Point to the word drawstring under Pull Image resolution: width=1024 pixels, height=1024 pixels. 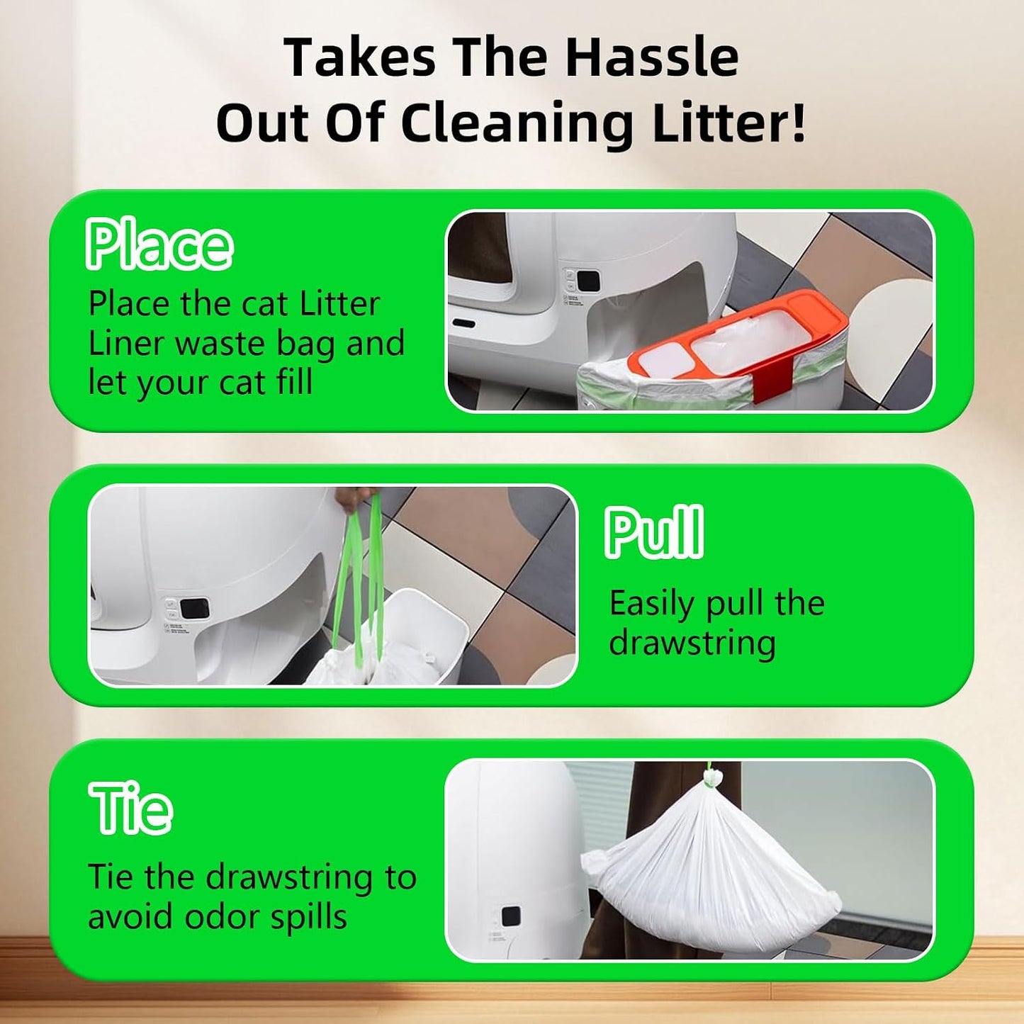click(692, 643)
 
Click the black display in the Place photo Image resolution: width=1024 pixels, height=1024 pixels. click(589, 280)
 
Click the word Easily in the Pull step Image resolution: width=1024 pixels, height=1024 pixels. click(651, 604)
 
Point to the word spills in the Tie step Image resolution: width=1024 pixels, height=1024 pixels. click(317, 917)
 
